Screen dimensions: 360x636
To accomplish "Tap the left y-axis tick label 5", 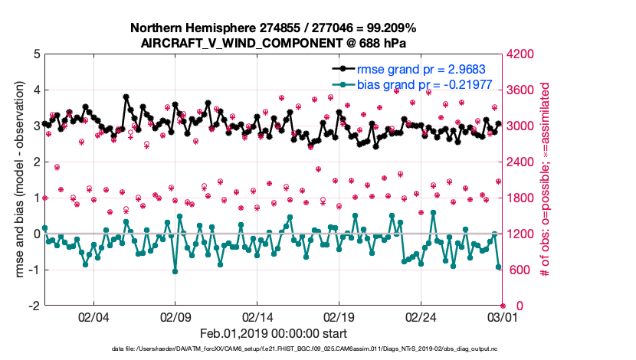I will (35, 54).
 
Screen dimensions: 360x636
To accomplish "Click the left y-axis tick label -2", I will (32, 306).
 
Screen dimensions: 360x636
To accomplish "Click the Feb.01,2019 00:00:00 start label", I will (273, 333).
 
